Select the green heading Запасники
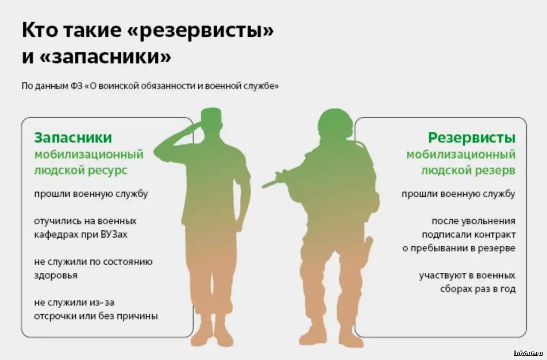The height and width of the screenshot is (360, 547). point(73,137)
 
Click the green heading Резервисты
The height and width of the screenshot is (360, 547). point(471,138)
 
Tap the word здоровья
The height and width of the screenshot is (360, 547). point(56,276)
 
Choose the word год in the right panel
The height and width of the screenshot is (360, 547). point(506,289)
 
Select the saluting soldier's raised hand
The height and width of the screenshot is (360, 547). point(197,125)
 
